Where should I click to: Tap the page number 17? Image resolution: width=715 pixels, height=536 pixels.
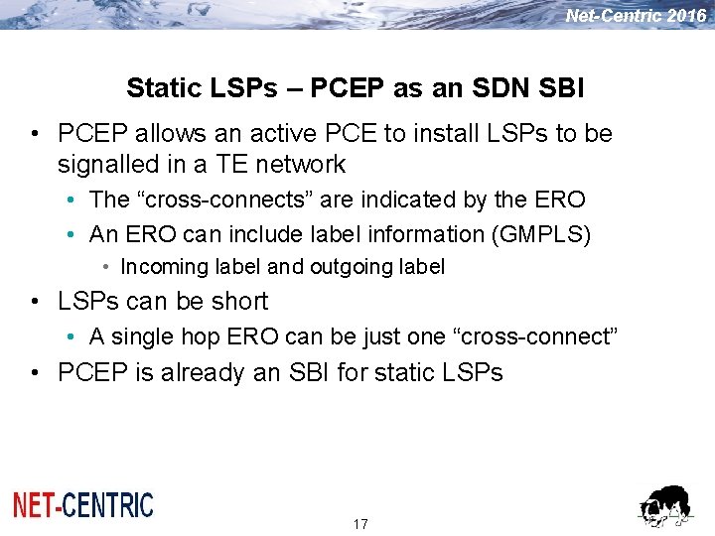point(360,524)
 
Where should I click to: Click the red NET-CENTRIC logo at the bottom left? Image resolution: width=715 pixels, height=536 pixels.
point(83,505)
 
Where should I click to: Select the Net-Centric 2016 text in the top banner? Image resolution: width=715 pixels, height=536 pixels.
point(636,16)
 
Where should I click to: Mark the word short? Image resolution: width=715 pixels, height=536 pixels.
point(236,301)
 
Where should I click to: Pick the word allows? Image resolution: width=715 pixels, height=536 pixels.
point(156,133)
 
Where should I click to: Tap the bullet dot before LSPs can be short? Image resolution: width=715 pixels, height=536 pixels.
point(35,302)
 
